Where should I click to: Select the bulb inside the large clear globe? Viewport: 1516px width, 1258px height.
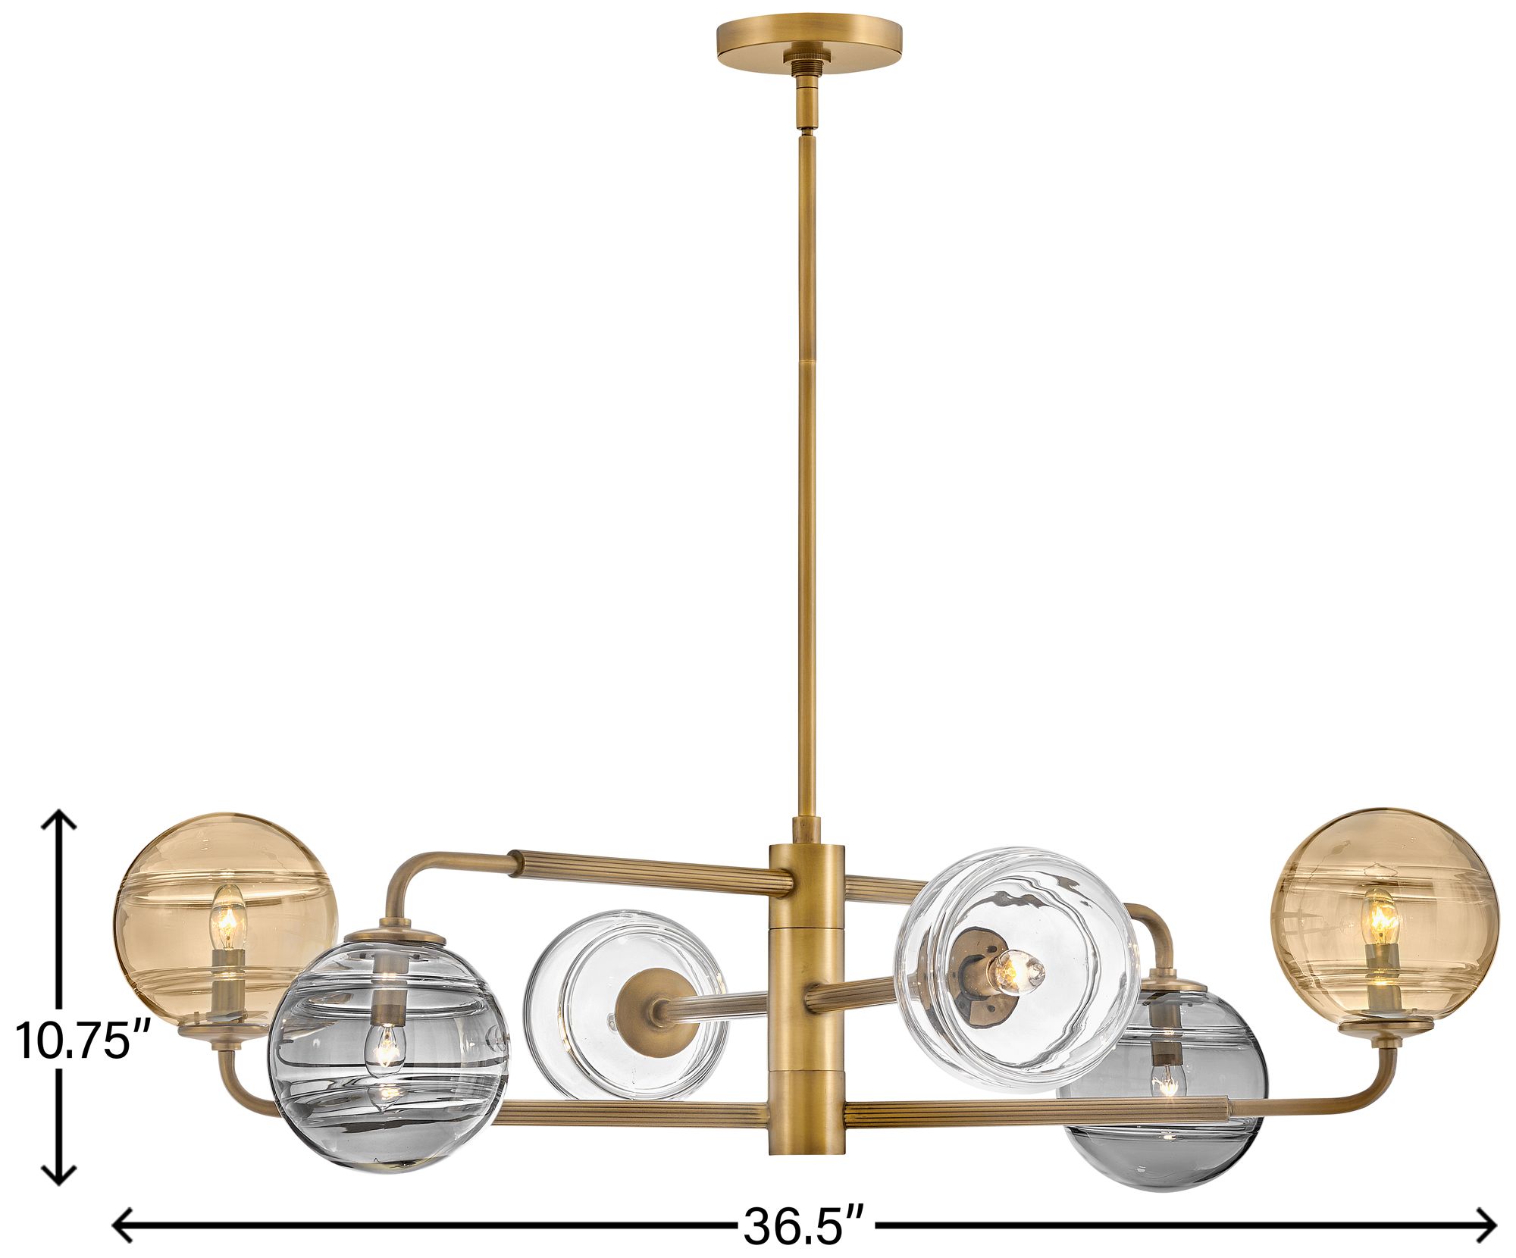[1018, 970]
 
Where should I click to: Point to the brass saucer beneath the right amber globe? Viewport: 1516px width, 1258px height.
[1384, 1027]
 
